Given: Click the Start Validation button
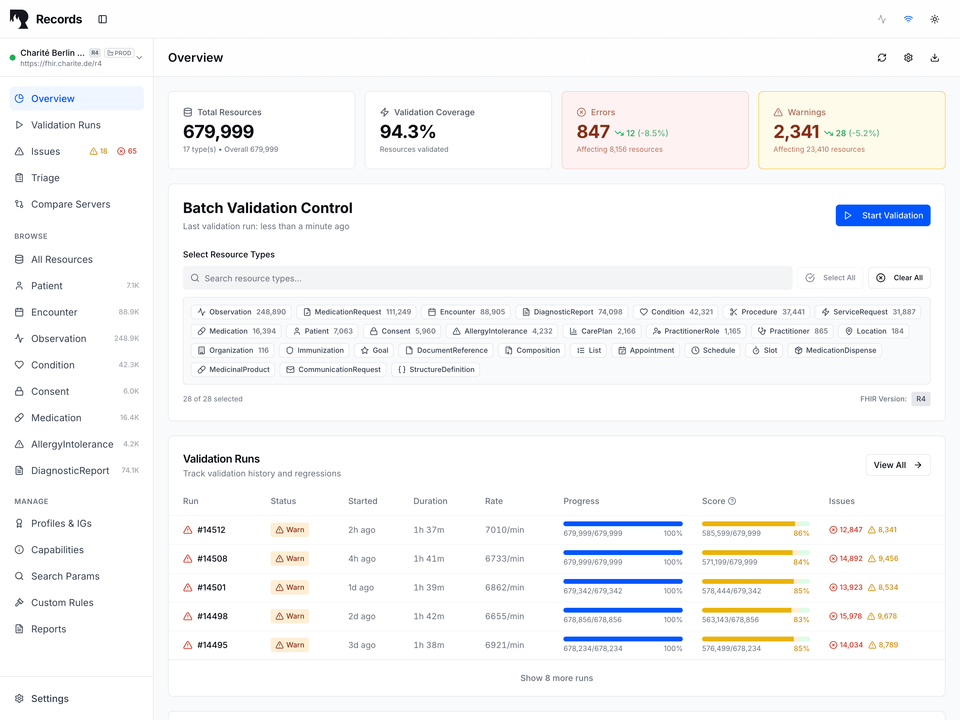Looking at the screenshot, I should pyautogui.click(x=882, y=215).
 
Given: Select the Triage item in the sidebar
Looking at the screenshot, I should pyautogui.click(x=45, y=178).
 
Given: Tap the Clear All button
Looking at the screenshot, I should pyautogui.click(x=899, y=278).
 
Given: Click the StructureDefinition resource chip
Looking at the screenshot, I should pyautogui.click(x=435, y=369).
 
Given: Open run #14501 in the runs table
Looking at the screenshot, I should pyautogui.click(x=211, y=587).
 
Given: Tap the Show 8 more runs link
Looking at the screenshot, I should pyautogui.click(x=556, y=678).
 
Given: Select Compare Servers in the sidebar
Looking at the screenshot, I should pyautogui.click(x=70, y=204).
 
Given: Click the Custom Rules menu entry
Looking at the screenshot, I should pyautogui.click(x=62, y=602).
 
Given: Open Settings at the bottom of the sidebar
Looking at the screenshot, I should pyautogui.click(x=49, y=698).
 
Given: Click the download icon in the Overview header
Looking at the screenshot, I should pyautogui.click(x=934, y=58).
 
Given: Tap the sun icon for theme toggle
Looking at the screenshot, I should pyautogui.click(x=934, y=19).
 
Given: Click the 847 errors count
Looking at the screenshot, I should pyautogui.click(x=593, y=132).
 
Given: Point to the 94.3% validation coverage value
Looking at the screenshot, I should pyautogui.click(x=407, y=132).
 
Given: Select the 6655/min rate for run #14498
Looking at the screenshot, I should pyautogui.click(x=504, y=616).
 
